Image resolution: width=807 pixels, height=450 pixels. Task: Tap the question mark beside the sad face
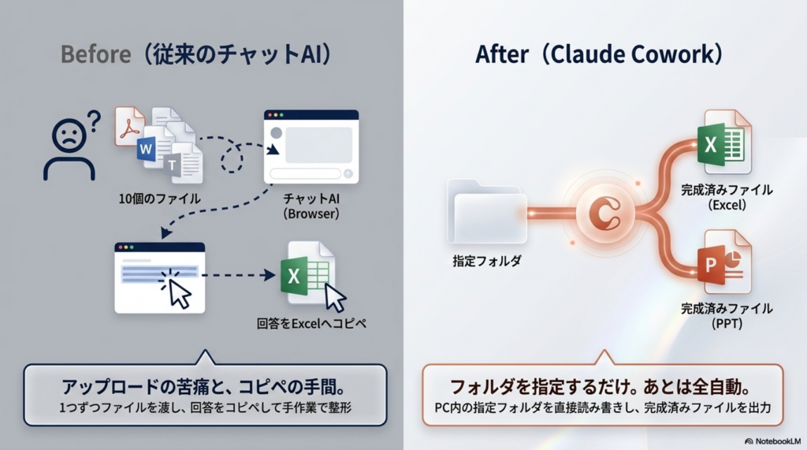tap(93, 122)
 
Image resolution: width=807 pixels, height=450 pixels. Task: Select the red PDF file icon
tap(130, 126)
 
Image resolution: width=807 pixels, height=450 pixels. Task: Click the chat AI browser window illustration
tap(311, 148)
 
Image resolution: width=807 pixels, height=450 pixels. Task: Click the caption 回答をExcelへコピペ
tap(312, 324)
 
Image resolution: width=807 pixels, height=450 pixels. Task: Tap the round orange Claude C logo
tap(605, 212)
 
